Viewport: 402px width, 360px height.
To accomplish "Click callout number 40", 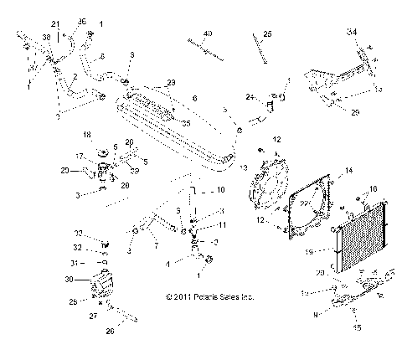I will coord(208,33).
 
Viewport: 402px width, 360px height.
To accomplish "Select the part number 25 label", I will coord(267,34).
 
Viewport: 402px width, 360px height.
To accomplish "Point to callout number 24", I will coord(250,97).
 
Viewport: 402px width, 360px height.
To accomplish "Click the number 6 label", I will coord(194,99).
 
